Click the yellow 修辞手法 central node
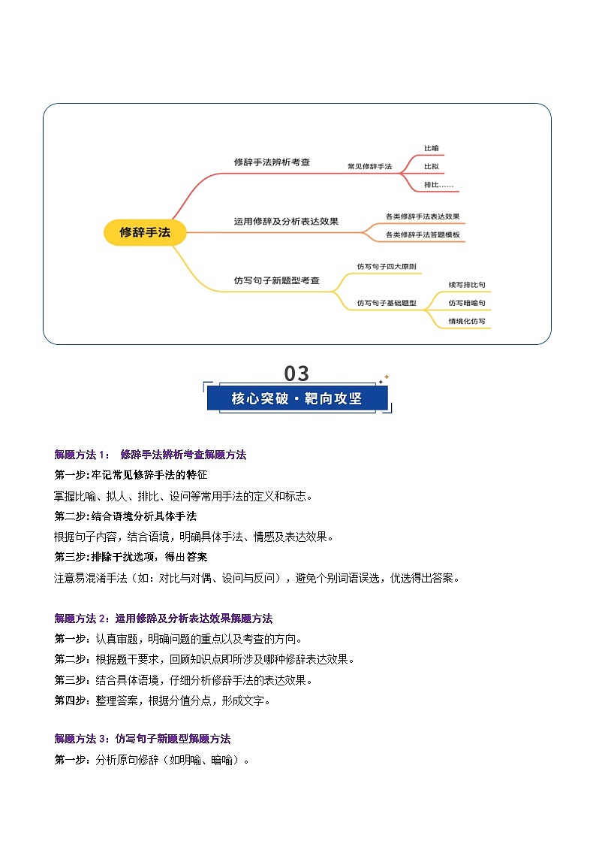(145, 232)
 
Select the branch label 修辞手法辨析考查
(272, 162)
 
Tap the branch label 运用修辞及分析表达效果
(286, 221)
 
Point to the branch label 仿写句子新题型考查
(276, 280)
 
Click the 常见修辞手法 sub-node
(369, 165)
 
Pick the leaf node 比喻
(431, 149)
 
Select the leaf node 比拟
(431, 166)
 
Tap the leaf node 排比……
(438, 184)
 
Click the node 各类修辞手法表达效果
(423, 216)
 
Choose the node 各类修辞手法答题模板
(423, 234)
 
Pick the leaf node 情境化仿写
(467, 321)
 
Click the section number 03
(296, 374)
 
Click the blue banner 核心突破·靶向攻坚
(297, 398)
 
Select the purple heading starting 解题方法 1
(150, 455)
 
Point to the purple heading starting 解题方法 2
(163, 619)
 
